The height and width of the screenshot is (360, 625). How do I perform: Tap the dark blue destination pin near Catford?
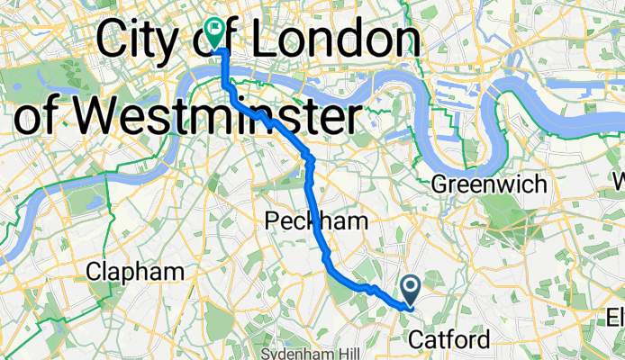click(411, 289)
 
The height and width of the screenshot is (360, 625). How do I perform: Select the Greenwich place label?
click(489, 184)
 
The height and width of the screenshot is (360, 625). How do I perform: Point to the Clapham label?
click(137, 270)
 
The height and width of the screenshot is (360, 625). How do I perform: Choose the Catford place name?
click(450, 339)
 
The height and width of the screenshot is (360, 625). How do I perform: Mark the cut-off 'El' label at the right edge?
click(615, 317)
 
